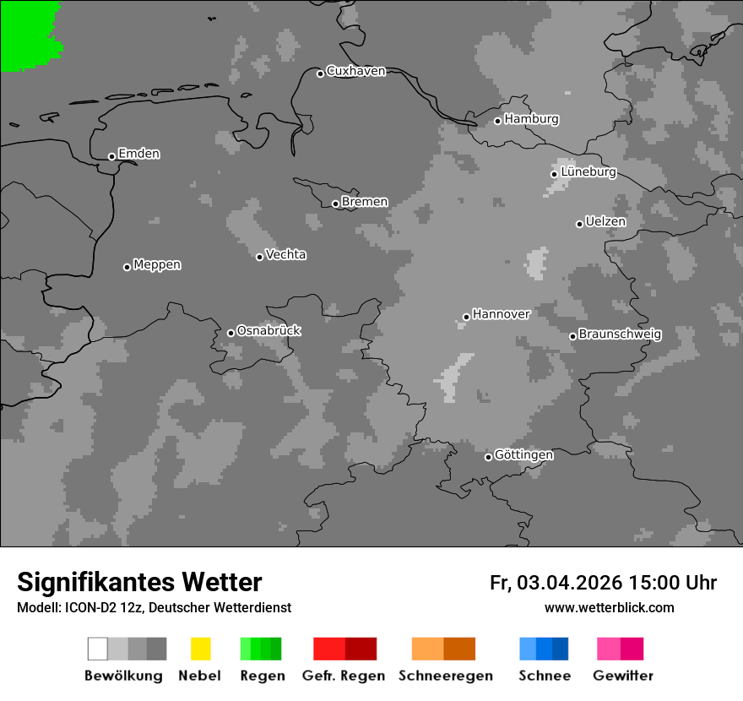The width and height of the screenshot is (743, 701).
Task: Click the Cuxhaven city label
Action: click(355, 71)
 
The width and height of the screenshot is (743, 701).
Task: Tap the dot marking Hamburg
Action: click(498, 121)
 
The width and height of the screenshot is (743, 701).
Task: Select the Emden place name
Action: click(138, 154)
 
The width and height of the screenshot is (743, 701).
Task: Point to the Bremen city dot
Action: click(335, 204)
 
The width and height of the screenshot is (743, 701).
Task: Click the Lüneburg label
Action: click(588, 172)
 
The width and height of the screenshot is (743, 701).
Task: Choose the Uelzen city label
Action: click(605, 222)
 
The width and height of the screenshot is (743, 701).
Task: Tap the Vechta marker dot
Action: click(260, 257)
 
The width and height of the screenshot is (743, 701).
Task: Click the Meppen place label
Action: click(157, 265)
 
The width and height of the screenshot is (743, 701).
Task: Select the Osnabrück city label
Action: click(268, 331)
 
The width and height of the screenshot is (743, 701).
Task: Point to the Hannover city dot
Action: click(466, 318)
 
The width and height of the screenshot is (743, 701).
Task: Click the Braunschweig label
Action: click(620, 334)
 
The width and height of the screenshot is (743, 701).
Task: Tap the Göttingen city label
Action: click(523, 455)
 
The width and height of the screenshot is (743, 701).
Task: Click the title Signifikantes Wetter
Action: click(139, 582)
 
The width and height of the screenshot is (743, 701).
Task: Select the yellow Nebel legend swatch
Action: click(200, 649)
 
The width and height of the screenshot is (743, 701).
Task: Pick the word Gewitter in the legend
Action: click(623, 676)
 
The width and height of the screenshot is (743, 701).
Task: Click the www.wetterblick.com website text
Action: click(609, 607)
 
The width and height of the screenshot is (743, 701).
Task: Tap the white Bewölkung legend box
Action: click(98, 649)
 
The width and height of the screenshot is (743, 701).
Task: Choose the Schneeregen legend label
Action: click(445, 676)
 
